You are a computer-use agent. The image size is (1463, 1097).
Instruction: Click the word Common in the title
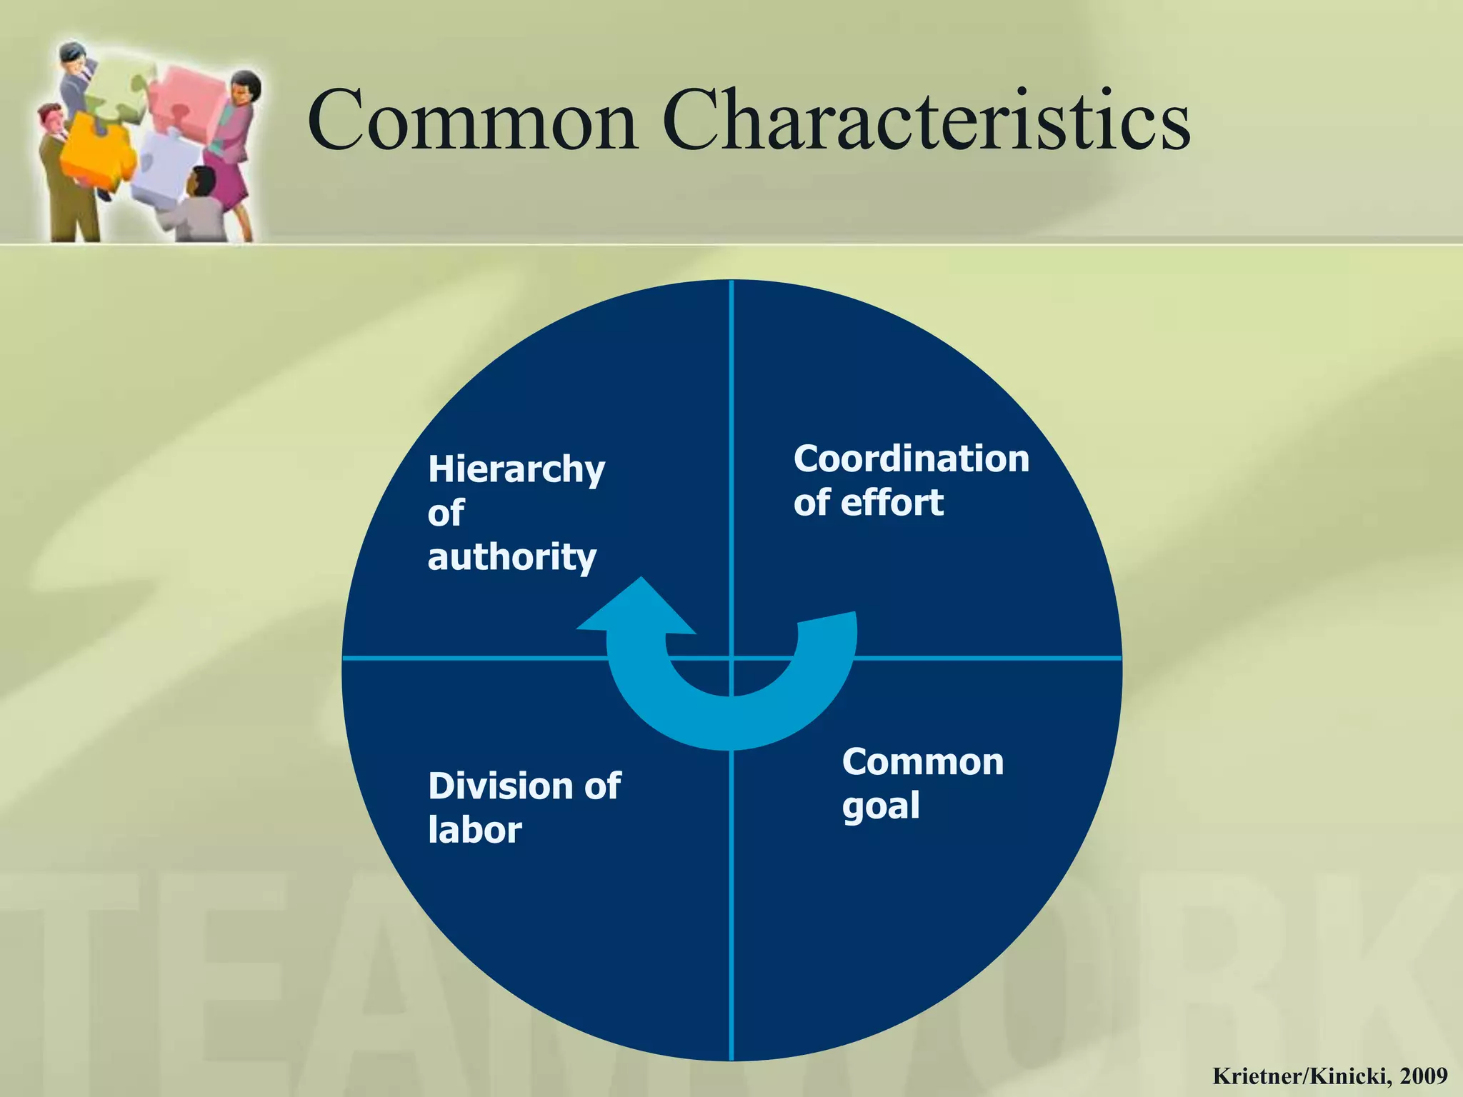tap(472, 121)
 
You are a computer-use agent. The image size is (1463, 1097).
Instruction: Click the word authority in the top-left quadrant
tap(511, 558)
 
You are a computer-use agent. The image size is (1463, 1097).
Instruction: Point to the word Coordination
tap(911, 459)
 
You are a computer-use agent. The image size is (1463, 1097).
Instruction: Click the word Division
tap(500, 786)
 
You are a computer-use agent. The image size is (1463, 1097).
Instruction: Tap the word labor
tap(475, 831)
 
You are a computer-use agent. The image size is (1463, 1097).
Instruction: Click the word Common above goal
tap(922, 762)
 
